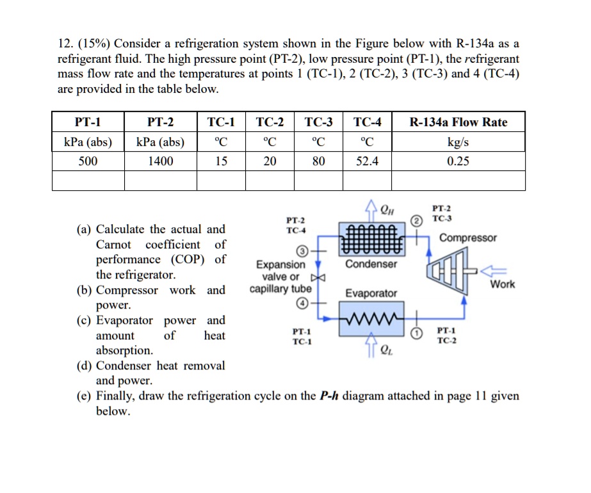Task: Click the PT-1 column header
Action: (x=88, y=122)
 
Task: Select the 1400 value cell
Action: (x=160, y=161)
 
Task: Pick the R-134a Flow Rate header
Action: (x=457, y=122)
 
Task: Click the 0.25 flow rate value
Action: (x=457, y=161)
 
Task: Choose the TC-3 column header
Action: (x=318, y=122)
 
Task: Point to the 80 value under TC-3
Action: (x=318, y=161)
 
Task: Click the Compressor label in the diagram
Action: (x=467, y=238)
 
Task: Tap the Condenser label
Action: (x=371, y=264)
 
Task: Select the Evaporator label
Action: (x=371, y=293)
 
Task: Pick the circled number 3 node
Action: (x=303, y=250)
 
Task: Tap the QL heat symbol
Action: (x=386, y=350)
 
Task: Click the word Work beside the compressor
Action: (x=502, y=284)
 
